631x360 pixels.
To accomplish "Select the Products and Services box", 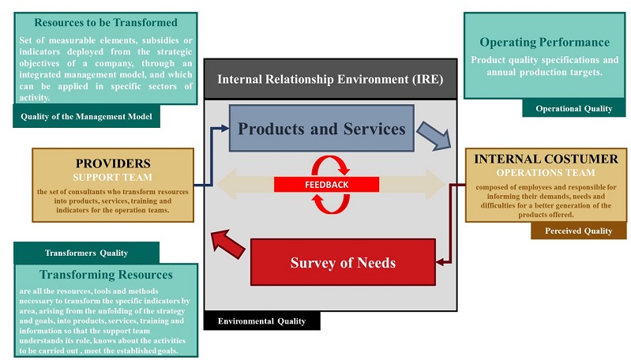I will click(x=321, y=129).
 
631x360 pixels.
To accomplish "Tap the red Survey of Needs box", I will click(x=342, y=262).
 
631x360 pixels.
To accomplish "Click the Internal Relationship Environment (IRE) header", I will click(x=330, y=79).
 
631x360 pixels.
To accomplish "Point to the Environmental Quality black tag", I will click(x=261, y=321).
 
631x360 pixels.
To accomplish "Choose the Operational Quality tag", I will click(x=573, y=108).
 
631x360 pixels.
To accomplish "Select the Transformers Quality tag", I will click(x=87, y=253).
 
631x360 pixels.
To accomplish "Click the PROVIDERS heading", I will click(x=113, y=163).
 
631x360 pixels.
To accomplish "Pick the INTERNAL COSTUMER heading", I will click(x=546, y=159).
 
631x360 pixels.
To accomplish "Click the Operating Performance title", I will click(x=544, y=43).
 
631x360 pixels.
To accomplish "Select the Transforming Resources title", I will click(x=106, y=275).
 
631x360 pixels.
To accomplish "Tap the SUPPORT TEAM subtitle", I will click(x=113, y=177).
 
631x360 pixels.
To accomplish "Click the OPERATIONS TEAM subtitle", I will click(x=546, y=172).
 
